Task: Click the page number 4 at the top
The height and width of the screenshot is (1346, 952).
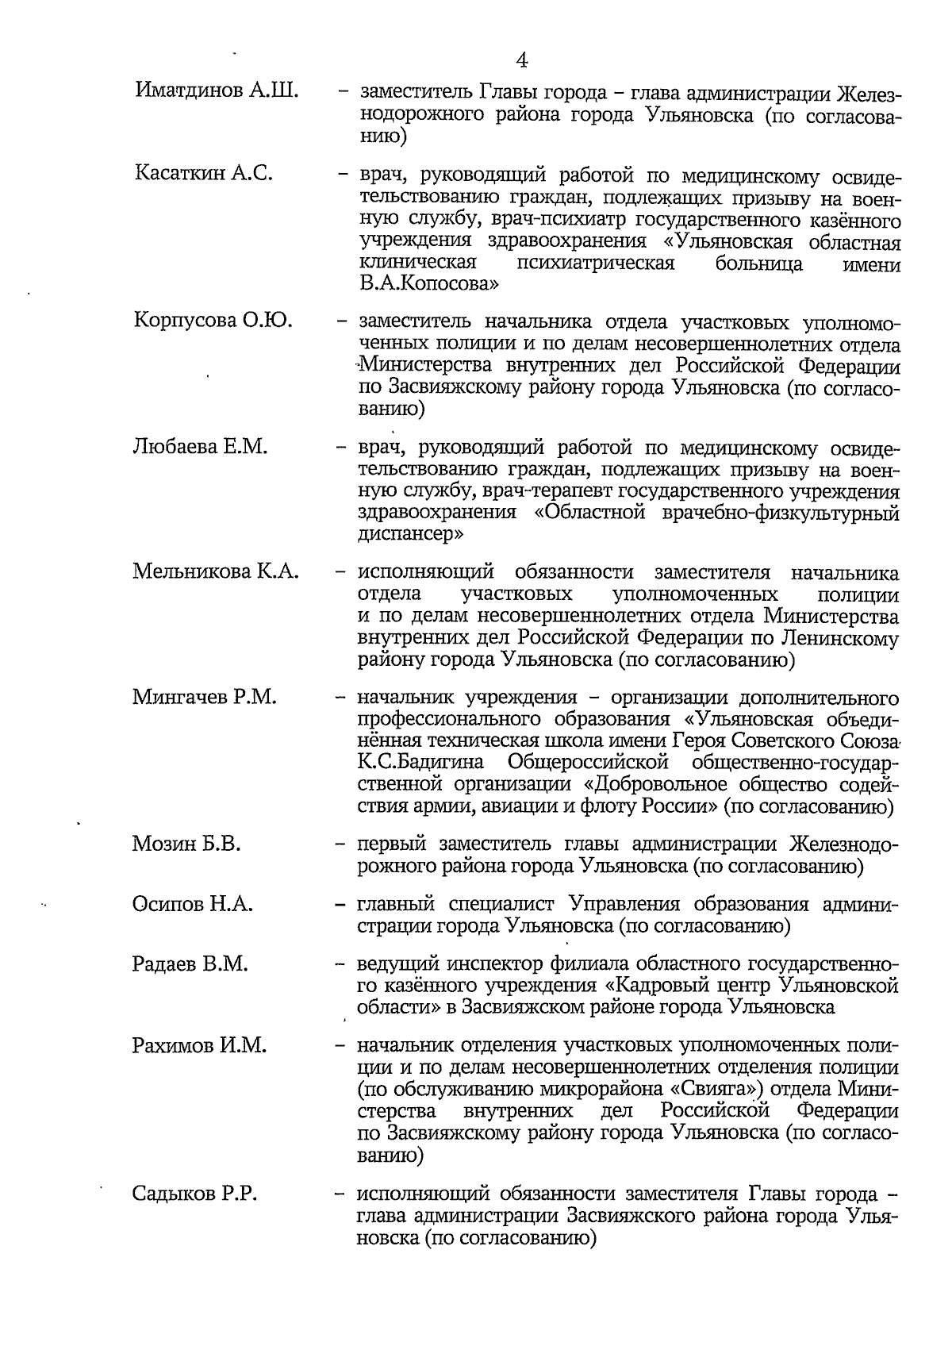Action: click(x=522, y=60)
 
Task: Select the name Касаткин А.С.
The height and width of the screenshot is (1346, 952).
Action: click(x=204, y=172)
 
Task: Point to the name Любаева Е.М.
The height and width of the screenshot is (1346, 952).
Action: click(x=200, y=446)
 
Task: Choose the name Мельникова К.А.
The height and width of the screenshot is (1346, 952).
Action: click(x=216, y=571)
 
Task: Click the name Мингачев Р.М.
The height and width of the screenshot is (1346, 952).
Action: click(x=205, y=698)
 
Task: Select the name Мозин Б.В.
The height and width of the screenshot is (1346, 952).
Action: click(x=186, y=844)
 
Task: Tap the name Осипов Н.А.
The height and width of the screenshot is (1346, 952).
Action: click(x=193, y=904)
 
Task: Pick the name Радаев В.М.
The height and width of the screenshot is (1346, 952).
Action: click(x=190, y=964)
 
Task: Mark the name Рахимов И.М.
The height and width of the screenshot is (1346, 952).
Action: click(x=199, y=1046)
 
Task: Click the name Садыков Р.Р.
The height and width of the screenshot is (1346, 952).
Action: click(x=195, y=1194)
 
